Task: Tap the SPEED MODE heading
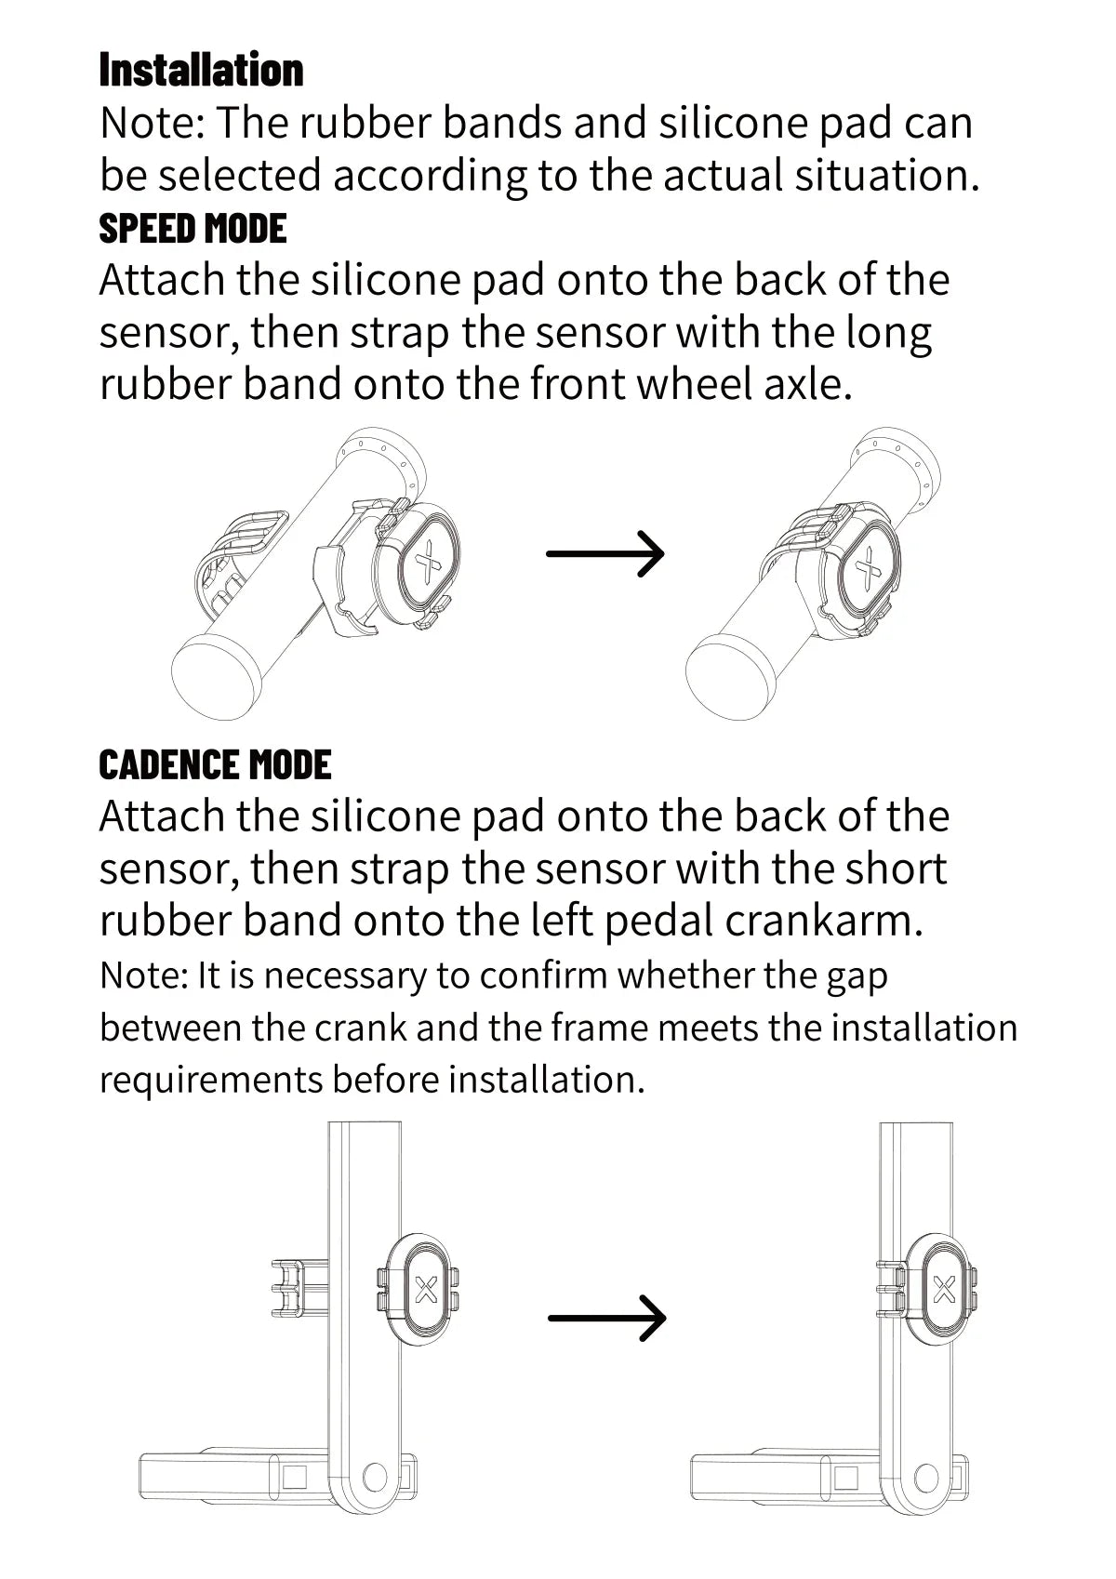point(193,229)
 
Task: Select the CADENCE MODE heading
point(215,764)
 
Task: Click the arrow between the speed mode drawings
point(604,553)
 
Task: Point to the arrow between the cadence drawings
point(607,1318)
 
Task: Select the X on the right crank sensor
point(944,1289)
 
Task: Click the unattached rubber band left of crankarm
point(299,1289)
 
